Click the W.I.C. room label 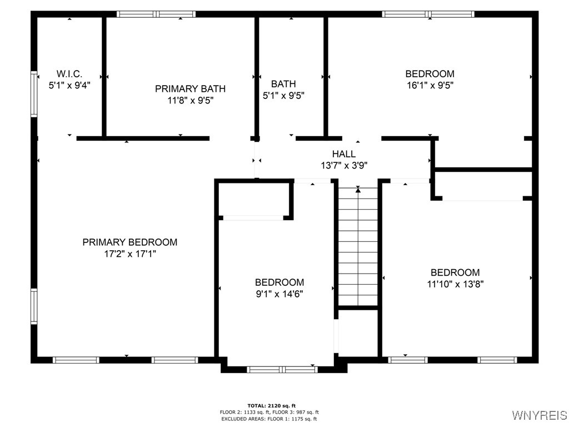click(69, 74)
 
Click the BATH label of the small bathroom click(283, 84)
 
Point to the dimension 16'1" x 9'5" click(430, 86)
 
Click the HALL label click(344, 154)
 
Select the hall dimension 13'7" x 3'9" click(344, 165)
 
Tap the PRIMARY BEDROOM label click(129, 242)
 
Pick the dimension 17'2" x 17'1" click(129, 254)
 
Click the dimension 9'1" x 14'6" click(279, 294)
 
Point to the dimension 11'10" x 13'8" click(455, 284)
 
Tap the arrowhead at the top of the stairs click(358, 190)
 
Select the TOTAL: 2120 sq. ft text click(271, 406)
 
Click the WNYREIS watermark click(539, 415)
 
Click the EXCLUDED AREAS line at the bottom click(268, 419)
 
